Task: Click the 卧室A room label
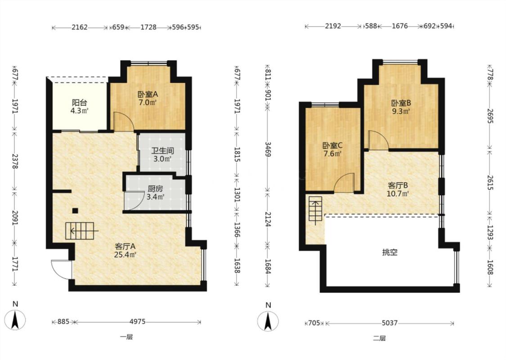click(148, 94)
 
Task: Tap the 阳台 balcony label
click(79, 103)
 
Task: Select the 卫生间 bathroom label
click(163, 151)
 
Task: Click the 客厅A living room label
click(125, 246)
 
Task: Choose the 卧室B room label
click(401, 103)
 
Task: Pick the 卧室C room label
click(332, 145)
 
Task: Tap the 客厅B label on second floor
click(398, 186)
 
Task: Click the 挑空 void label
click(390, 252)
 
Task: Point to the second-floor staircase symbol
click(315, 208)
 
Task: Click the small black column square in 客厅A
click(75, 211)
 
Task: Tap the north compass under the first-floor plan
click(15, 319)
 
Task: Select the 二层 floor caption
click(379, 338)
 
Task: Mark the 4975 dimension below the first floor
click(138, 322)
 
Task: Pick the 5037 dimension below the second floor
click(390, 323)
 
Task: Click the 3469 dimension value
click(268, 149)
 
